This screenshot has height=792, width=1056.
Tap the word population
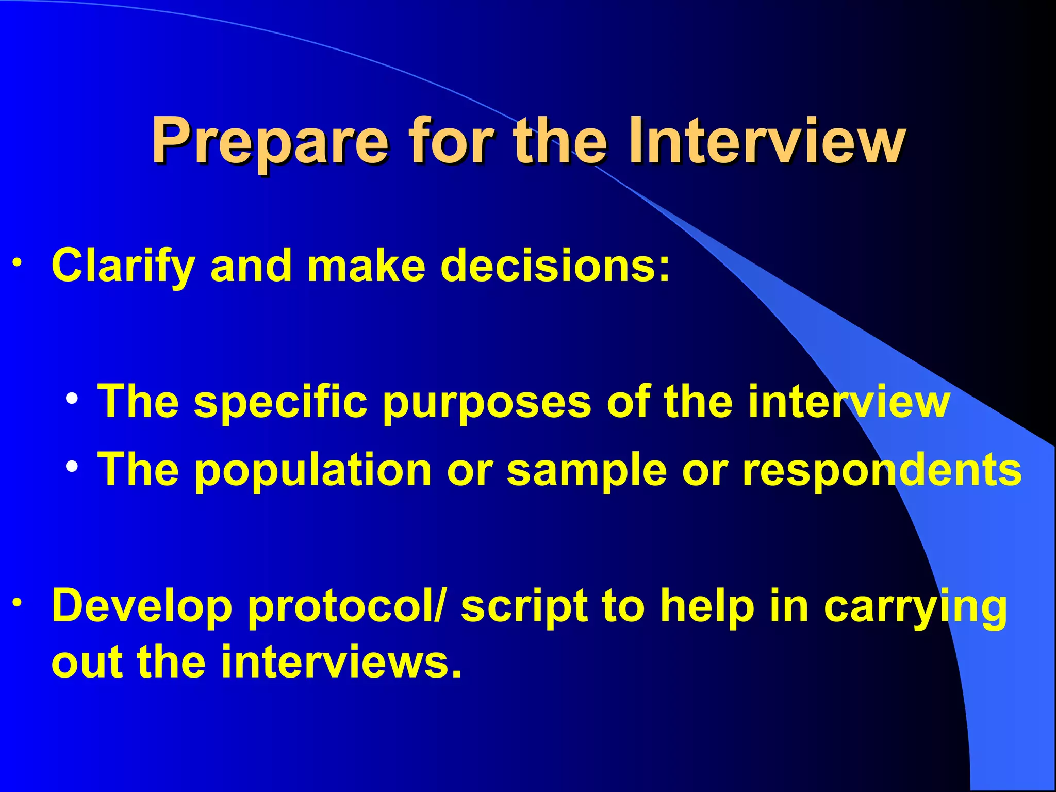(x=313, y=470)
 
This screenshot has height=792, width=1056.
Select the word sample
(x=587, y=470)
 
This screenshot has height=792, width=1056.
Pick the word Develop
(x=142, y=607)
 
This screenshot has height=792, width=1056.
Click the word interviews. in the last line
(x=341, y=662)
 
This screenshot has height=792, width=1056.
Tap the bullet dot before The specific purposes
(x=72, y=399)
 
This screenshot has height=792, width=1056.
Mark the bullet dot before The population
(x=72, y=467)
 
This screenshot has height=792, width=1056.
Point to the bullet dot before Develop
(x=18, y=603)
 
